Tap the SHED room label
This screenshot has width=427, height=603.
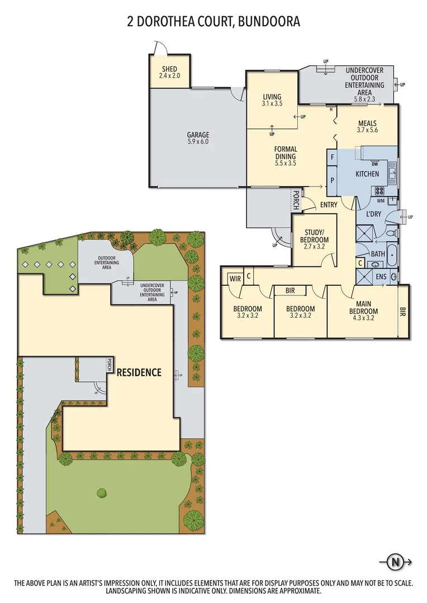[169, 69]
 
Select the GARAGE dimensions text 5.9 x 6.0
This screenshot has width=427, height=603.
[198, 142]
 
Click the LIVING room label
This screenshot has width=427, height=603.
[272, 97]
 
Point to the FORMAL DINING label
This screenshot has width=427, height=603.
[285, 152]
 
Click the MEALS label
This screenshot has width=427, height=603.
[367, 123]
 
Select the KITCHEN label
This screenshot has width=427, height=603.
[367, 174]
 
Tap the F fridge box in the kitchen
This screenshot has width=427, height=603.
[333, 158]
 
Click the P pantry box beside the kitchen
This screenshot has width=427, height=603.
[333, 180]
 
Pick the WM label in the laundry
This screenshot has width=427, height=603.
[381, 200]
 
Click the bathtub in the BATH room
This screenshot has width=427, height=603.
[392, 254]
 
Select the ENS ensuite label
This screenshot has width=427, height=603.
[381, 276]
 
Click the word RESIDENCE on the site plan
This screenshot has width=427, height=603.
[139, 372]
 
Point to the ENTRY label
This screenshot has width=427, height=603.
[329, 205]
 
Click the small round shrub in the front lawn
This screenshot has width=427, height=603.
[102, 492]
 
